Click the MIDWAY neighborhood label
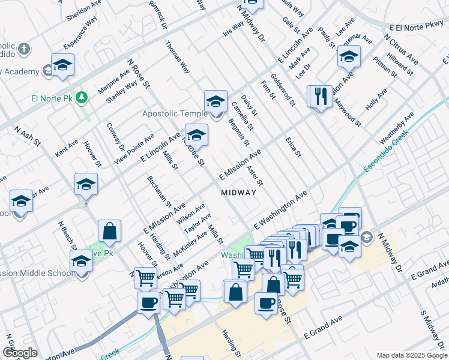point(239,193)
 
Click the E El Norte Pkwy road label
point(415,28)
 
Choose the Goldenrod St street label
point(283,89)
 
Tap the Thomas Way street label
point(178,58)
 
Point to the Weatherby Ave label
point(397,127)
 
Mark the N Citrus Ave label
point(401,45)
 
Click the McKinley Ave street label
point(190,241)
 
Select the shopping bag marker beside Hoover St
point(110,231)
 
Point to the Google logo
point(20,353)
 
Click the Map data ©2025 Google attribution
point(412,355)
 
